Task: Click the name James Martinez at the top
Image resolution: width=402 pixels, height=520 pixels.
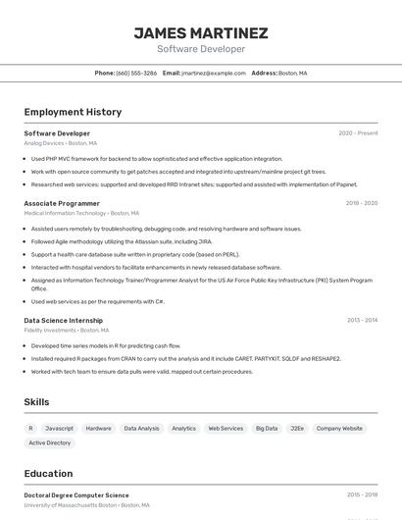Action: [201, 33]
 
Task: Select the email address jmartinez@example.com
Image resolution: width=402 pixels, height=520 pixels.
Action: [214, 74]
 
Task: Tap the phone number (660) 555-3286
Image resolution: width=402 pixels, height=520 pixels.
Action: [136, 74]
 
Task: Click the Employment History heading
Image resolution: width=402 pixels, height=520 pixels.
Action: [73, 112]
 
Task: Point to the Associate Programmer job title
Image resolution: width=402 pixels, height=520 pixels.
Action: [62, 203]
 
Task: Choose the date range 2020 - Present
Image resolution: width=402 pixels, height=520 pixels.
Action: [358, 133]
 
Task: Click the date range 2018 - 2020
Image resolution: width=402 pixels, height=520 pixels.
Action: [361, 203]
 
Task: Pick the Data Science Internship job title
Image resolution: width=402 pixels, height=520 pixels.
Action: [64, 320]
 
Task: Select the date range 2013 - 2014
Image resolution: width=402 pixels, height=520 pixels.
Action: [362, 320]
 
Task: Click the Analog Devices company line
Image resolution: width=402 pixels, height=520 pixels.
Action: [60, 143]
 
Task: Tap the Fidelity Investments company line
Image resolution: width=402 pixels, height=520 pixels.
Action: [63, 330]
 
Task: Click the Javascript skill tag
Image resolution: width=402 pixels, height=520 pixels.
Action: [59, 428]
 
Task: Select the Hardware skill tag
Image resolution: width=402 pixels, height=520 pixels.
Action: [98, 428]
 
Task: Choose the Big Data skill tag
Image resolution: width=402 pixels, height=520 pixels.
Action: [267, 428]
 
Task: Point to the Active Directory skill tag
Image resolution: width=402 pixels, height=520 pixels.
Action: [50, 442]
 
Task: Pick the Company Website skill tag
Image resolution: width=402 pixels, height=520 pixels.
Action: [339, 428]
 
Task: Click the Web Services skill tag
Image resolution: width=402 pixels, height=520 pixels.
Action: [226, 428]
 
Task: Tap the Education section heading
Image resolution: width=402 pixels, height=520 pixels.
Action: [48, 474]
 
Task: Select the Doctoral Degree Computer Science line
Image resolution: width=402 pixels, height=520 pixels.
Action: [76, 495]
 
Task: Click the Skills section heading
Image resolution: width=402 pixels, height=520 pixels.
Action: [36, 402]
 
